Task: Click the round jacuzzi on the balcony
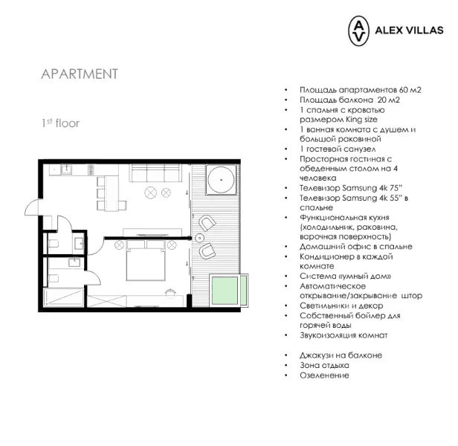pyautogui.click(x=221, y=180)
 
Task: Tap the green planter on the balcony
pyautogui.click(x=225, y=291)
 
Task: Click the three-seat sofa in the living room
pyautogui.click(x=155, y=173)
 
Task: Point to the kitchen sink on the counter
pyautogui.click(x=66, y=169)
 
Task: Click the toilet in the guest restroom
pyautogui.click(x=54, y=243)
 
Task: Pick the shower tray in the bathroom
pyautogui.click(x=63, y=297)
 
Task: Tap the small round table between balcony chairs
pyautogui.click(x=199, y=238)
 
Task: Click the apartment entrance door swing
pyautogui.click(x=31, y=207)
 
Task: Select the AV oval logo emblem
pyautogui.click(x=358, y=31)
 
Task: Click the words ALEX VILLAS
pyautogui.click(x=409, y=30)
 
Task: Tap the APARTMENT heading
pyautogui.click(x=80, y=74)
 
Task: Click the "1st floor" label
pyautogui.click(x=60, y=123)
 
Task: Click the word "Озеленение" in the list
pyautogui.click(x=324, y=375)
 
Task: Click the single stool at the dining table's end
pyautogui.click(x=123, y=206)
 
